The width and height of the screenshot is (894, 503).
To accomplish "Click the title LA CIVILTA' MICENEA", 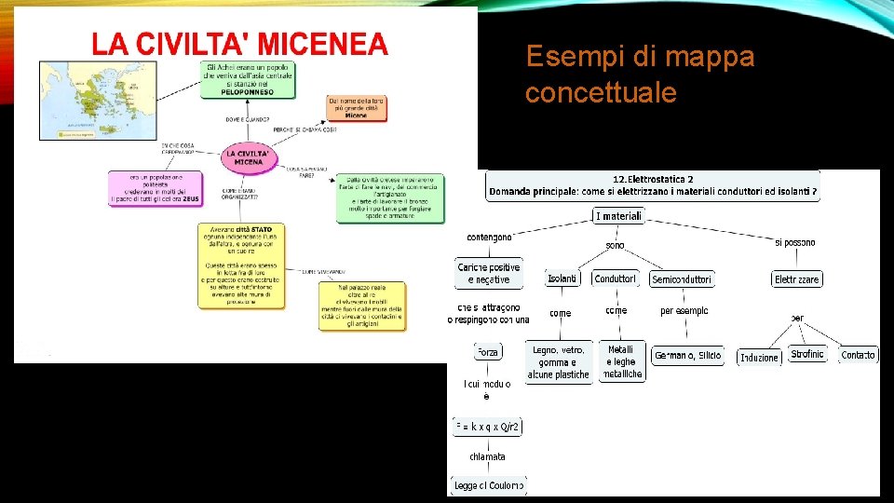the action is point(239,43).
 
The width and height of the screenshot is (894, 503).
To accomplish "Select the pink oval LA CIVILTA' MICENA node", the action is point(249,157).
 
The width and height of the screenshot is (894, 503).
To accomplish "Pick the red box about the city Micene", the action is point(356,107).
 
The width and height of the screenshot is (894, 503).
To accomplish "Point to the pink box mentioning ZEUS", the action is point(156,188).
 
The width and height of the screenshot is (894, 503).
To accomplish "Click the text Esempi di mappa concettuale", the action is point(640,75).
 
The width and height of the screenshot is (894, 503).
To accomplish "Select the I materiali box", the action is point(618,216).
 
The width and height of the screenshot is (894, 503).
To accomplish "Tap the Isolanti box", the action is point(562,279).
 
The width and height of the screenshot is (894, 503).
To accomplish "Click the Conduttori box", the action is point(615,279).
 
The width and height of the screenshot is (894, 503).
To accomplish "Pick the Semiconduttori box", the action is point(682,279).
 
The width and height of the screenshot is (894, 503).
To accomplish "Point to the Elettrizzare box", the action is point(796,279).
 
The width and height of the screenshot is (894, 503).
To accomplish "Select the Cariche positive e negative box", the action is point(489,273).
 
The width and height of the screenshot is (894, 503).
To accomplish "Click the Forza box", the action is point(488,352).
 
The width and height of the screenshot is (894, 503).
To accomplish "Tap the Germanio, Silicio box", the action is point(688,355).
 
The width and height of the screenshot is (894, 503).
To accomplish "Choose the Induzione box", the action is point(759,357).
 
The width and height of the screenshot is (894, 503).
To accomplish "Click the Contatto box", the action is point(858,355).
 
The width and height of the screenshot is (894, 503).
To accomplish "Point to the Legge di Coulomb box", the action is point(489,485).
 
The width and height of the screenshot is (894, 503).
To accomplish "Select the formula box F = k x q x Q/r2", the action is point(487,427).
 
